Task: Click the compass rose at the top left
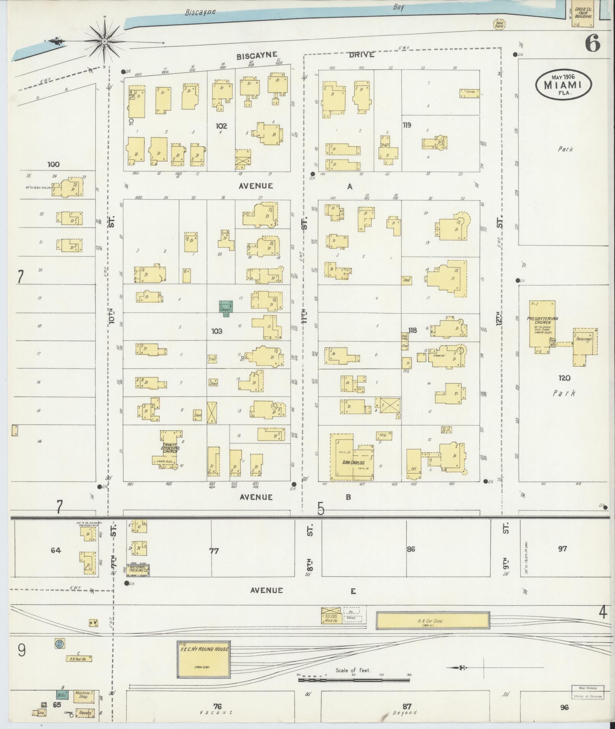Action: coord(104,41)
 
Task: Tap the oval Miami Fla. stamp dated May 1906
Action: coord(563,85)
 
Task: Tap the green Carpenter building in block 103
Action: coord(226,308)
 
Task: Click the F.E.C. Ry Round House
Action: coord(204,659)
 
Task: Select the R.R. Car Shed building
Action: coord(433,621)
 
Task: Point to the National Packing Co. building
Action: coord(138,570)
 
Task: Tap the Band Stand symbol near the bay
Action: coord(499,24)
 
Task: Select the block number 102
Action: coord(221,126)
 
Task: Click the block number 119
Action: coord(407,125)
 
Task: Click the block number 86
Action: coord(411,550)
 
